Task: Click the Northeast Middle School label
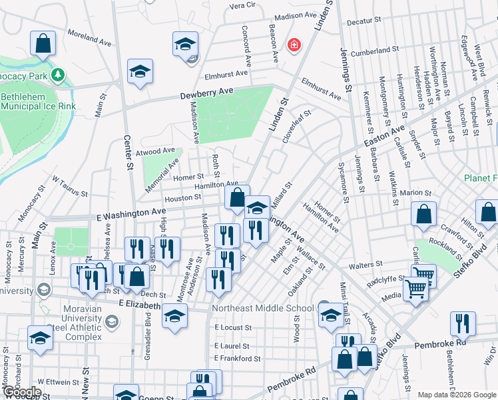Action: click(x=262, y=308)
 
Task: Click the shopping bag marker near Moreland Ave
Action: click(x=43, y=44)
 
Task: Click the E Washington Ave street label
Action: click(x=130, y=210)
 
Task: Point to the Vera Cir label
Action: click(x=242, y=5)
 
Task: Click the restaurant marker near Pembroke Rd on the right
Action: click(x=462, y=324)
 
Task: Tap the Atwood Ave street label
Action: click(x=154, y=152)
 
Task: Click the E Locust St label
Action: click(x=233, y=328)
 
